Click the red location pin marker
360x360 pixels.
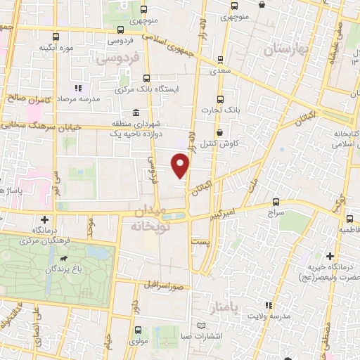pyautogui.click(x=181, y=166)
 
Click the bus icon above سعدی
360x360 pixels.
pyautogui.click(x=221, y=61)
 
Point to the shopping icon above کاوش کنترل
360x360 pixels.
pyautogui.click(x=219, y=132)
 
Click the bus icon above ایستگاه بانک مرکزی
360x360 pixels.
pyautogui.click(x=146, y=79)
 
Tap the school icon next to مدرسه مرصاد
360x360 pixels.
pyautogui.click(x=77, y=89)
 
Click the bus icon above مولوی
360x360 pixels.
pyautogui.click(x=137, y=329)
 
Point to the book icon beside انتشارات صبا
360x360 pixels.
pyautogui.click(x=202, y=326)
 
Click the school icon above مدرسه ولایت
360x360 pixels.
pyautogui.click(x=268, y=305)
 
